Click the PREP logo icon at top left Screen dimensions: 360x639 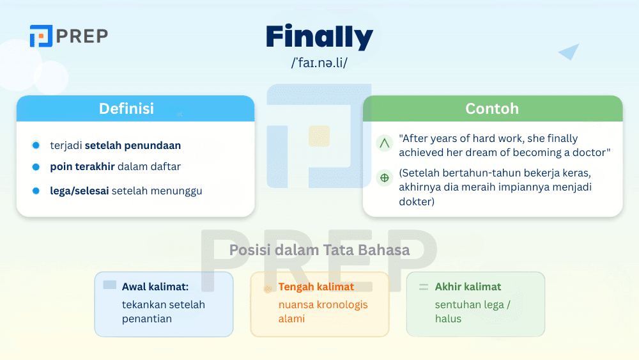point(41,36)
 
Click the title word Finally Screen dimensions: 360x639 point(319,37)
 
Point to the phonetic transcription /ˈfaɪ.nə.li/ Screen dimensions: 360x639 point(319,63)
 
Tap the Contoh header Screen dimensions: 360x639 point(492,109)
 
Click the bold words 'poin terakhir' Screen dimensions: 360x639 point(82,167)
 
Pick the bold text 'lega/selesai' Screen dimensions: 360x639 point(79,191)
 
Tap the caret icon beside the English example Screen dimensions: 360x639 point(385,144)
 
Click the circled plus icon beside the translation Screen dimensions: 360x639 point(385,178)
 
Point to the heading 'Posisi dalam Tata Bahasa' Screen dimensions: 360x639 point(319,250)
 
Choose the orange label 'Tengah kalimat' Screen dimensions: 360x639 point(316,287)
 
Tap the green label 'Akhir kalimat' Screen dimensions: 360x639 point(468,287)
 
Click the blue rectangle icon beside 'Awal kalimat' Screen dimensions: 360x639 point(110,285)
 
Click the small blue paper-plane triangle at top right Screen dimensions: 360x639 point(569,52)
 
